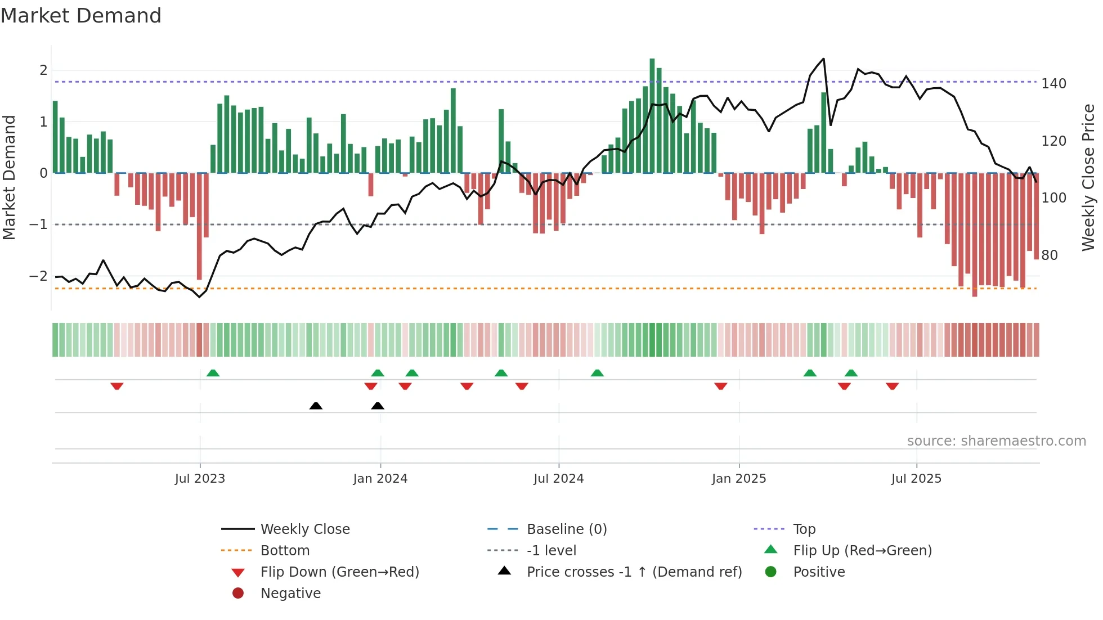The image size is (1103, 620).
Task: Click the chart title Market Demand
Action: click(x=81, y=16)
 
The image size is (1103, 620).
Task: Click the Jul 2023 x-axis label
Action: click(x=200, y=479)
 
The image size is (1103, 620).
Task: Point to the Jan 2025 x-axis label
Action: click(x=738, y=479)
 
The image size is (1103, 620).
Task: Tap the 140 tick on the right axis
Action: click(x=1053, y=84)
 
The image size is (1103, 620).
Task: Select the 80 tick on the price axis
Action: click(x=1050, y=255)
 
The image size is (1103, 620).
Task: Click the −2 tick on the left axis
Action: click(x=39, y=276)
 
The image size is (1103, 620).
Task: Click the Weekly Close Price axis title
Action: click(x=1088, y=177)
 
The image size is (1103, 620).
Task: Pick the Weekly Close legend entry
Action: click(x=304, y=529)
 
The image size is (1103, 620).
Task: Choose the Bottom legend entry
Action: click(x=285, y=551)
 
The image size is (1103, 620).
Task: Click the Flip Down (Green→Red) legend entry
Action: click(x=339, y=572)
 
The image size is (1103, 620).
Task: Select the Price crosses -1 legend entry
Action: click(x=634, y=572)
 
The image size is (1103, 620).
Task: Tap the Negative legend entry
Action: click(x=290, y=594)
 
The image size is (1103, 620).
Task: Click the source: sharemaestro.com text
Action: click(x=996, y=441)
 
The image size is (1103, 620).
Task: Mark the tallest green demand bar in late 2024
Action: click(x=652, y=115)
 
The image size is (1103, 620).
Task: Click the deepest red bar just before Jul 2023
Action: click(x=199, y=226)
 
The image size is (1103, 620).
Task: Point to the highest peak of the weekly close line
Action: click(x=823, y=59)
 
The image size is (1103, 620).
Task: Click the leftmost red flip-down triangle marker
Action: click(x=117, y=387)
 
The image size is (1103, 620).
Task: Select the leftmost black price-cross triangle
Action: click(x=316, y=406)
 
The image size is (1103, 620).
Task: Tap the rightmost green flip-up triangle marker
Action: click(x=851, y=373)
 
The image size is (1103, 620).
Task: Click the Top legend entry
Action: click(x=804, y=529)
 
